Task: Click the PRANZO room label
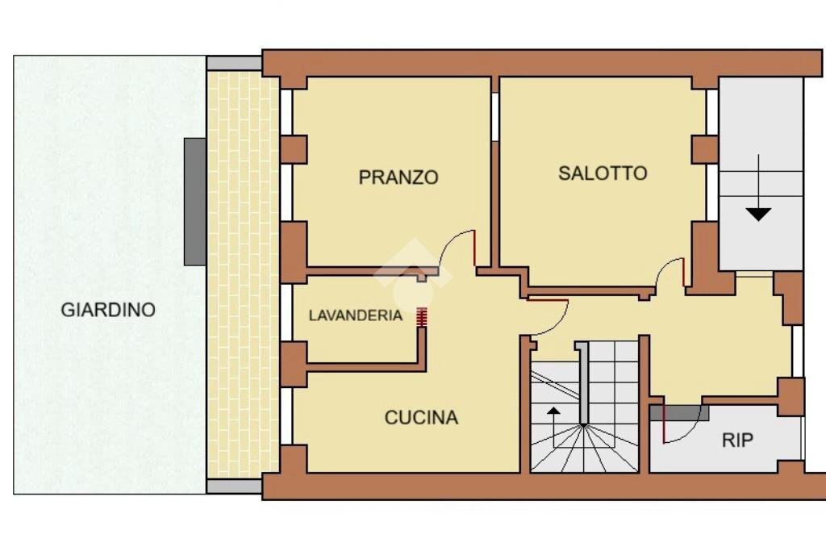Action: coord(398,177)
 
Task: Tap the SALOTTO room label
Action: coord(603,173)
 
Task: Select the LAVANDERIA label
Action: coord(355,315)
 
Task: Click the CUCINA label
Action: coord(421,417)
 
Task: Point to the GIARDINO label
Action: coord(108,309)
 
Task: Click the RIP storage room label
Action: coord(737,440)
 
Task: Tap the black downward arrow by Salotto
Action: coord(758,214)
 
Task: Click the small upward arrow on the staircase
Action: coord(553,414)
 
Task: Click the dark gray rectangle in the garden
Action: coord(194,201)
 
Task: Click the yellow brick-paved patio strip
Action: coord(243,274)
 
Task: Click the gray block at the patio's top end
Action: coord(234,63)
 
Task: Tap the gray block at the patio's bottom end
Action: coord(234,486)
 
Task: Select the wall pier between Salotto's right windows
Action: coord(705,149)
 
